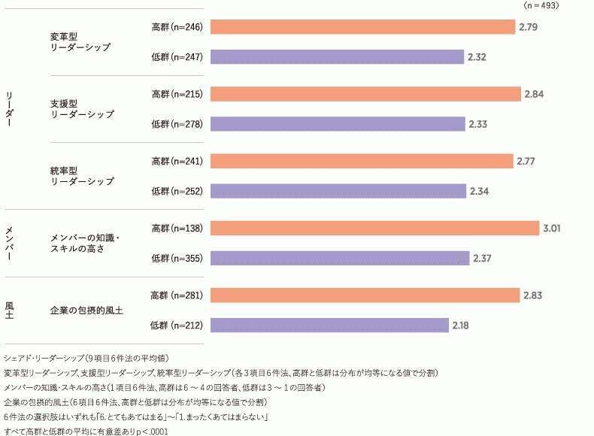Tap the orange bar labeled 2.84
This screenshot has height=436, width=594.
[x=365, y=94]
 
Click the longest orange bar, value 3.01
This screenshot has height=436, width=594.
[x=374, y=229]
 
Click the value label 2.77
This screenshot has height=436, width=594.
[x=526, y=162]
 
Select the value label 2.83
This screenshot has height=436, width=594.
[x=533, y=295]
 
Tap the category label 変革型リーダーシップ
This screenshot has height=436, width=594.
[x=80, y=41]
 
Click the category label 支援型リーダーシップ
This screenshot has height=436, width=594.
[x=82, y=108]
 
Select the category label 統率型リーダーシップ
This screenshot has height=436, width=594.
[x=82, y=175]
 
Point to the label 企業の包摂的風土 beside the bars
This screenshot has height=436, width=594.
[x=86, y=310]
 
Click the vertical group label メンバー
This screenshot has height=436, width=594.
[x=9, y=243]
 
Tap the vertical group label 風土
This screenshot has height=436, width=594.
[x=9, y=310]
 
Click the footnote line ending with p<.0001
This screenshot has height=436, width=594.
[x=86, y=431]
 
